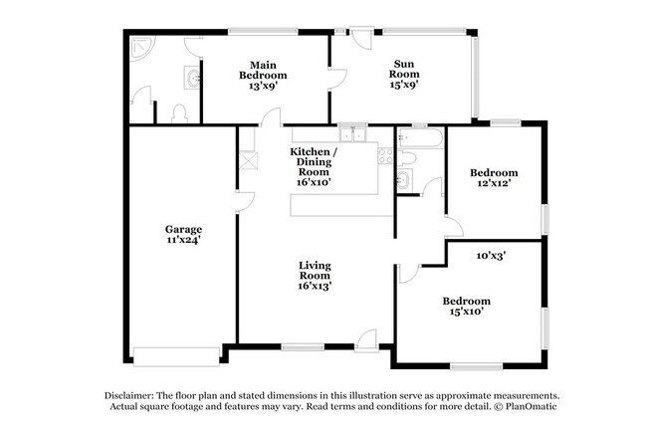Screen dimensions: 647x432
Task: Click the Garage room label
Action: [183, 229]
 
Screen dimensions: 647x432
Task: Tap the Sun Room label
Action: [404, 69]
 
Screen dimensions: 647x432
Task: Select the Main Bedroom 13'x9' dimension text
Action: [263, 86]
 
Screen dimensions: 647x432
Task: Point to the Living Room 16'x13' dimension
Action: [315, 286]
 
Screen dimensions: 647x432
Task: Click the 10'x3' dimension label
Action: [491, 256]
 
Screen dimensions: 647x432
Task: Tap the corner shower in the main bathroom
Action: [142, 48]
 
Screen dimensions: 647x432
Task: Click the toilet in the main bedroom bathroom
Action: [179, 113]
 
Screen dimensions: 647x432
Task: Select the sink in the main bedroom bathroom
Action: [192, 78]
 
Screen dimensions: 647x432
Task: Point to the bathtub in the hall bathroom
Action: [420, 137]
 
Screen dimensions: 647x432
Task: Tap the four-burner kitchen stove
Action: [385, 156]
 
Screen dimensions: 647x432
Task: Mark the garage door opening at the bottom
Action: [176, 357]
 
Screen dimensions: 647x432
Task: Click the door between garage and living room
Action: [246, 202]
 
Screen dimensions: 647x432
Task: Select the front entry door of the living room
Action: [367, 340]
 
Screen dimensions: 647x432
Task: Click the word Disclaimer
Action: [129, 396]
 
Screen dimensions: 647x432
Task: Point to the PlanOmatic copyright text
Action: [526, 406]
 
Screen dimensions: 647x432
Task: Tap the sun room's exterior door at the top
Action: [361, 38]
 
